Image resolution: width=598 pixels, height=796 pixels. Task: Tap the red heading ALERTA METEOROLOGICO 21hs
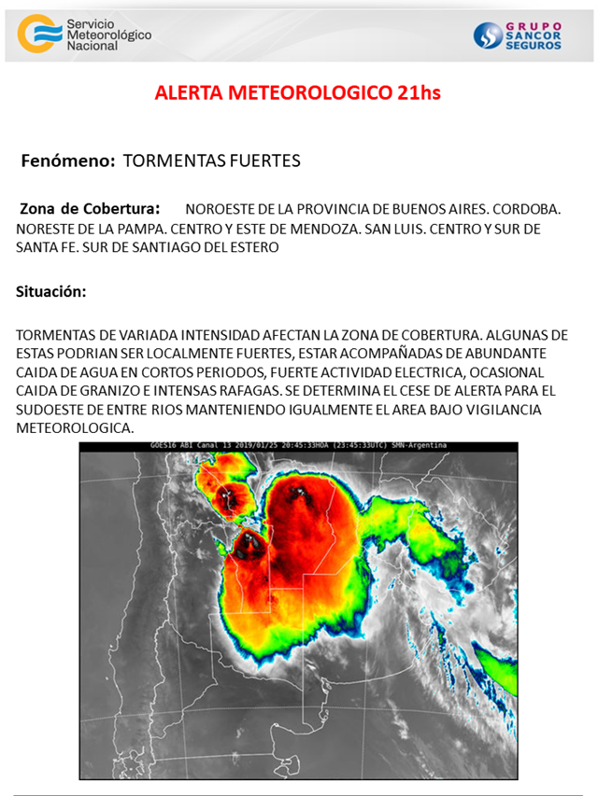pos(297,93)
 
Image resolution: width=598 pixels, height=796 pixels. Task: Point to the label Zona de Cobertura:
pos(90,209)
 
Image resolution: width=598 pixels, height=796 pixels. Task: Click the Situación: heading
pos(50,291)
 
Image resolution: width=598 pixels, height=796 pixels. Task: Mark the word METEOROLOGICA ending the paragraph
pos(75,428)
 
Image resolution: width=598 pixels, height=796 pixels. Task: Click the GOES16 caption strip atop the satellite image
pos(298,446)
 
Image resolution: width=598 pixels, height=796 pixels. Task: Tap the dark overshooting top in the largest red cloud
pos(301,491)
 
